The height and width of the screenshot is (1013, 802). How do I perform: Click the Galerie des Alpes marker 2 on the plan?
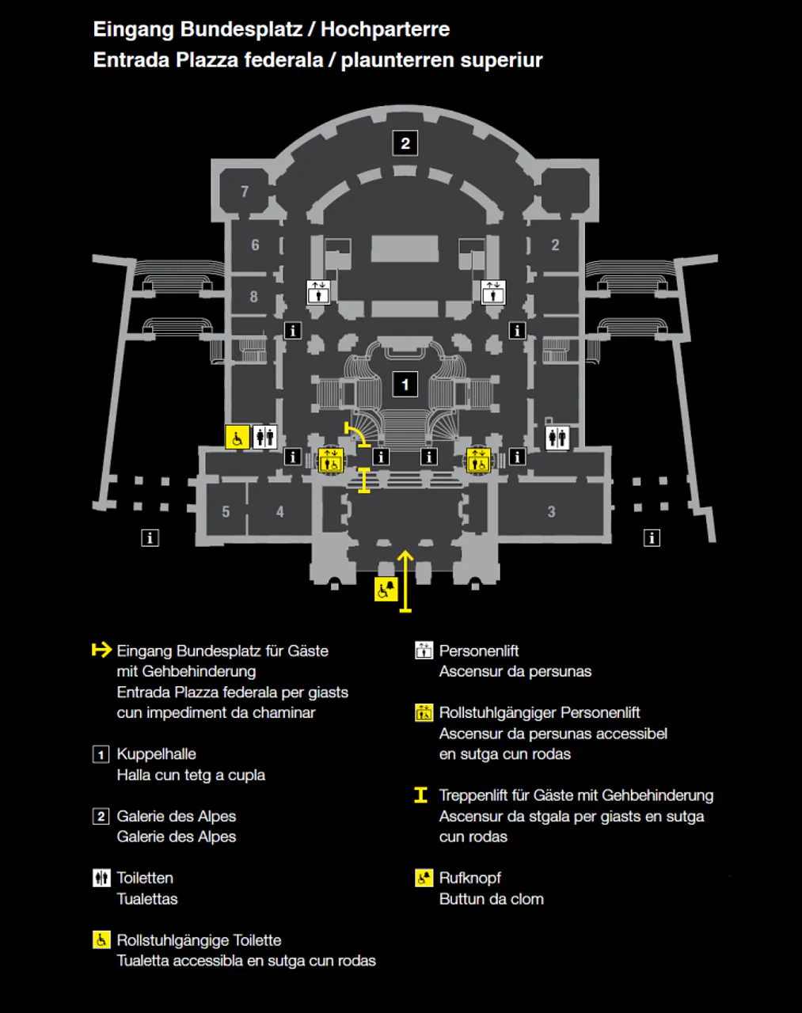[405, 143]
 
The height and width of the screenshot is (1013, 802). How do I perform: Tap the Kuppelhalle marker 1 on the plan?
[405, 385]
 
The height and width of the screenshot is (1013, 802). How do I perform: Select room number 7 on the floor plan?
[245, 192]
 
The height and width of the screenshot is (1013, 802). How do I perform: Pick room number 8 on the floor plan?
[254, 297]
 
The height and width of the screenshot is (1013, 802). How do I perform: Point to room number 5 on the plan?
[226, 512]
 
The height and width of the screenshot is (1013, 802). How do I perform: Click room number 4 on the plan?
[280, 512]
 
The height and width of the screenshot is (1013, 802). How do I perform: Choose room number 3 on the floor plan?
[552, 512]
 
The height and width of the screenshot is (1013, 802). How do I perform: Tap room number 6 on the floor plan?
[255, 245]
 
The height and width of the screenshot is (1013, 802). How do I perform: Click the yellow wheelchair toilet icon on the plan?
[238, 438]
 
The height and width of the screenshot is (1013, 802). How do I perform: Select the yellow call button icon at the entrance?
[386, 589]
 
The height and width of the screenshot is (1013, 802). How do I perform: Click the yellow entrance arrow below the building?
[405, 582]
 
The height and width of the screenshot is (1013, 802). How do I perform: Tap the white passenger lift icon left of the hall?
[318, 292]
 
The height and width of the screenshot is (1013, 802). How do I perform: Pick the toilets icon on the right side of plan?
[557, 438]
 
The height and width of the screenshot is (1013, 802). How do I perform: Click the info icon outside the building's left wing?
[150, 537]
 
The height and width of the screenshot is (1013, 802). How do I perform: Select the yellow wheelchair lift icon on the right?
[478, 460]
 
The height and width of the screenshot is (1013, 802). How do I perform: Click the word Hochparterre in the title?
[386, 29]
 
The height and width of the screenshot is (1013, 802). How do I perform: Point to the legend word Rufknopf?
[470, 878]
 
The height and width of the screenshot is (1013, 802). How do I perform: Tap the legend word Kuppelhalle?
[156, 753]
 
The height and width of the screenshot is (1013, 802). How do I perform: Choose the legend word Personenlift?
[479, 651]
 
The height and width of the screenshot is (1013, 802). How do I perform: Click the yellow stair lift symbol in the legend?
[421, 795]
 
